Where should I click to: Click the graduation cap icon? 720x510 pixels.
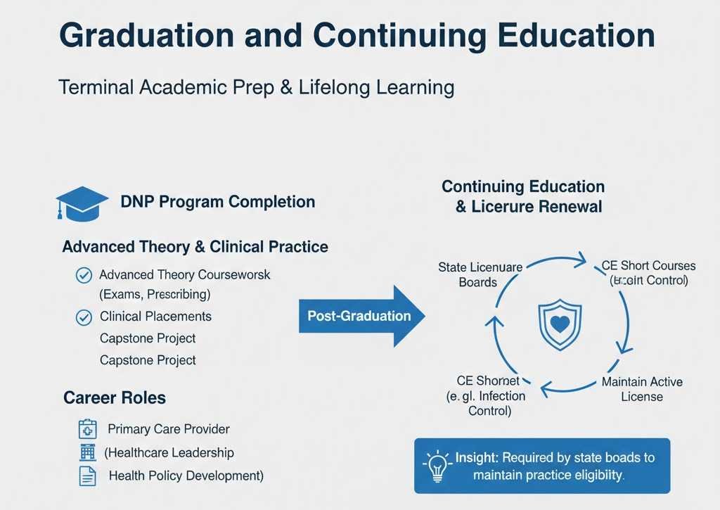click(x=82, y=203)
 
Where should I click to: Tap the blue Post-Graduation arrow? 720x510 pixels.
click(x=361, y=316)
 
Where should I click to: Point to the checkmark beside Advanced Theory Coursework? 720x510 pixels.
click(x=83, y=275)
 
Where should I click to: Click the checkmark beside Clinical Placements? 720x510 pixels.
click(x=83, y=317)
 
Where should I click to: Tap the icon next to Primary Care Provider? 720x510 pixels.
click(x=87, y=429)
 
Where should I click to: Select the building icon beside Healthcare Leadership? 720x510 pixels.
click(x=87, y=452)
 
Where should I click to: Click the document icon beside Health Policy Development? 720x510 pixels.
click(x=87, y=476)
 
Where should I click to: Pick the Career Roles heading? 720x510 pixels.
click(x=115, y=397)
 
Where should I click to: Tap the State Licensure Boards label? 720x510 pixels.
click(x=480, y=275)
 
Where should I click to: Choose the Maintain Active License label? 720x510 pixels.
click(x=641, y=389)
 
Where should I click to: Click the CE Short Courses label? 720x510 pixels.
click(x=648, y=273)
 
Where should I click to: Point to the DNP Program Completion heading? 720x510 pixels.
click(x=217, y=202)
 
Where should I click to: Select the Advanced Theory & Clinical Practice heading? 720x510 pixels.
click(x=195, y=247)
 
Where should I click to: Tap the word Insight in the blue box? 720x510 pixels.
click(x=476, y=457)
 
